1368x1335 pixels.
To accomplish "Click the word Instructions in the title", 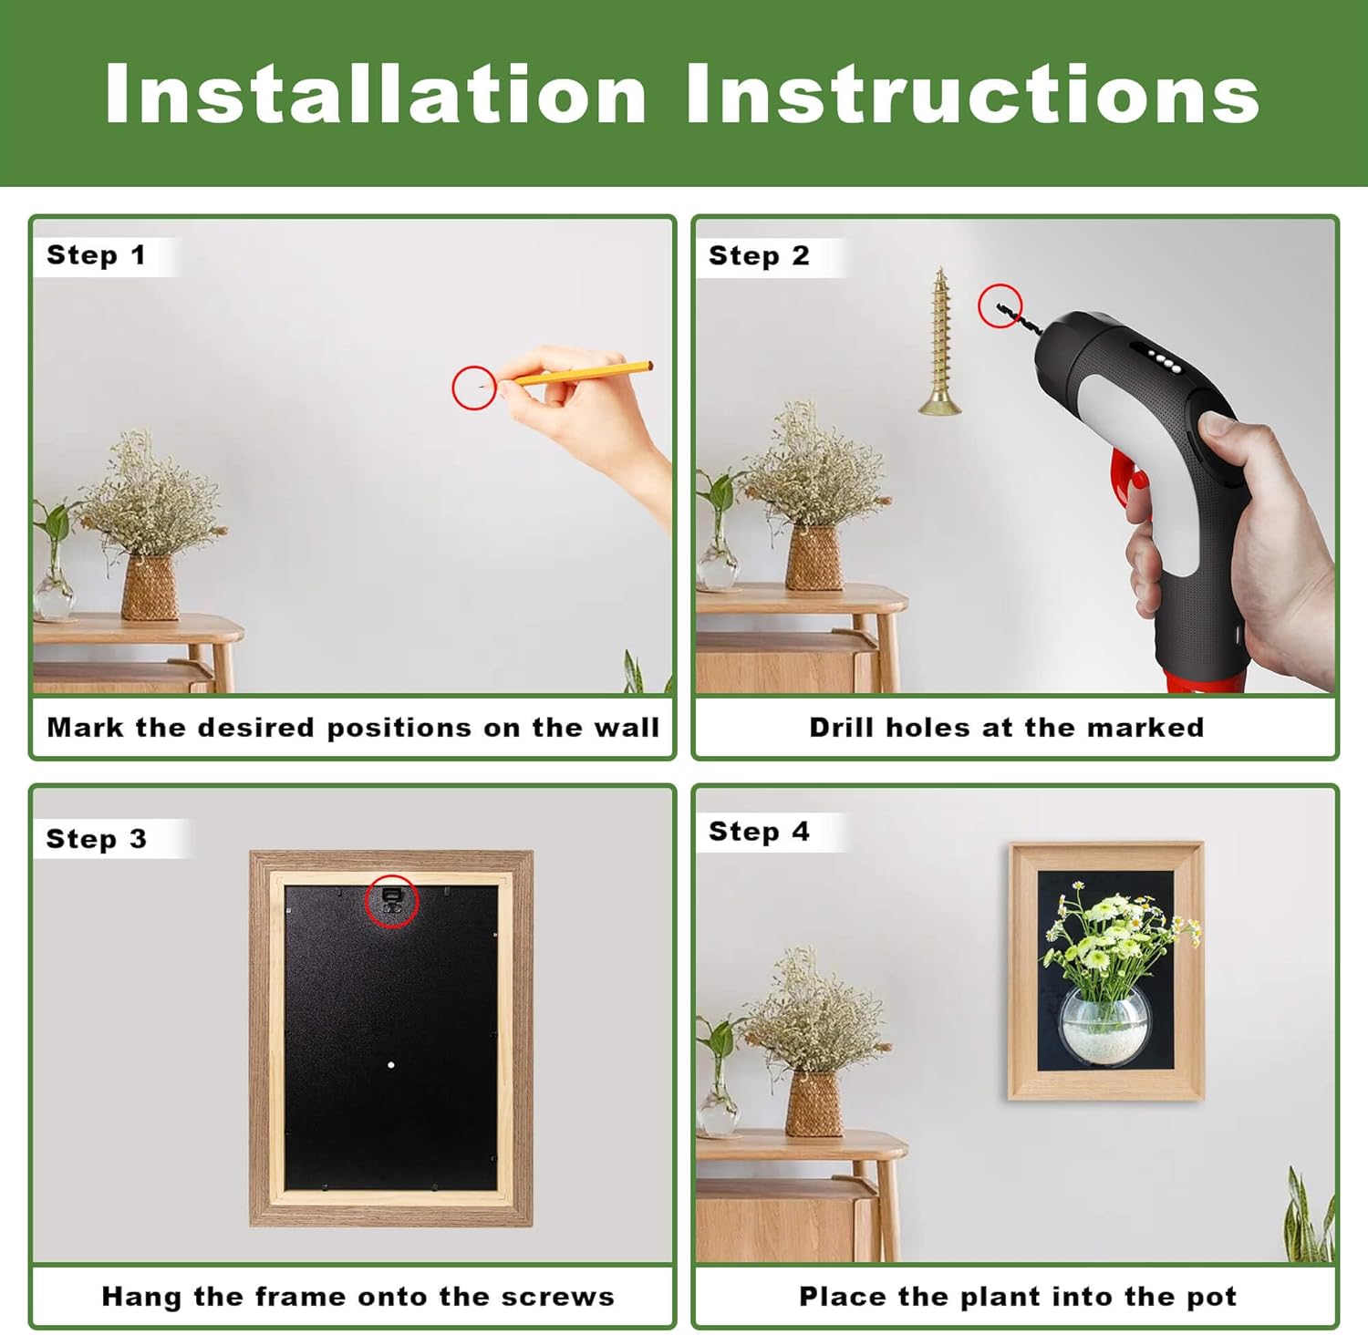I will coord(972,94).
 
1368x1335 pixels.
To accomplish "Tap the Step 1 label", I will coord(96,255).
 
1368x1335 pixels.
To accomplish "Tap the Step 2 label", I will coord(759,255).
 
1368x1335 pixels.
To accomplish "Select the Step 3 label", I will coord(96,839).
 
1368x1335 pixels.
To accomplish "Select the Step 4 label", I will coord(759,832).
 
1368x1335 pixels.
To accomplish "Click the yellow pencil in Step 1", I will coord(584,373).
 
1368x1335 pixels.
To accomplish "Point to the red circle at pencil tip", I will coord(474,388).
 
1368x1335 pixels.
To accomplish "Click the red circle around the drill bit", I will coord(1000,305).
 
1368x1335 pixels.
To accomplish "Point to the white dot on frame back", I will coord(391,1064).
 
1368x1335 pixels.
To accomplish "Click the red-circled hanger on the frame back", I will coord(391,901).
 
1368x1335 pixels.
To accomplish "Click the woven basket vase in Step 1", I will coord(150,588).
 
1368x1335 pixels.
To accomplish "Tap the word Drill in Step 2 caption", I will coord(841,728).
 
